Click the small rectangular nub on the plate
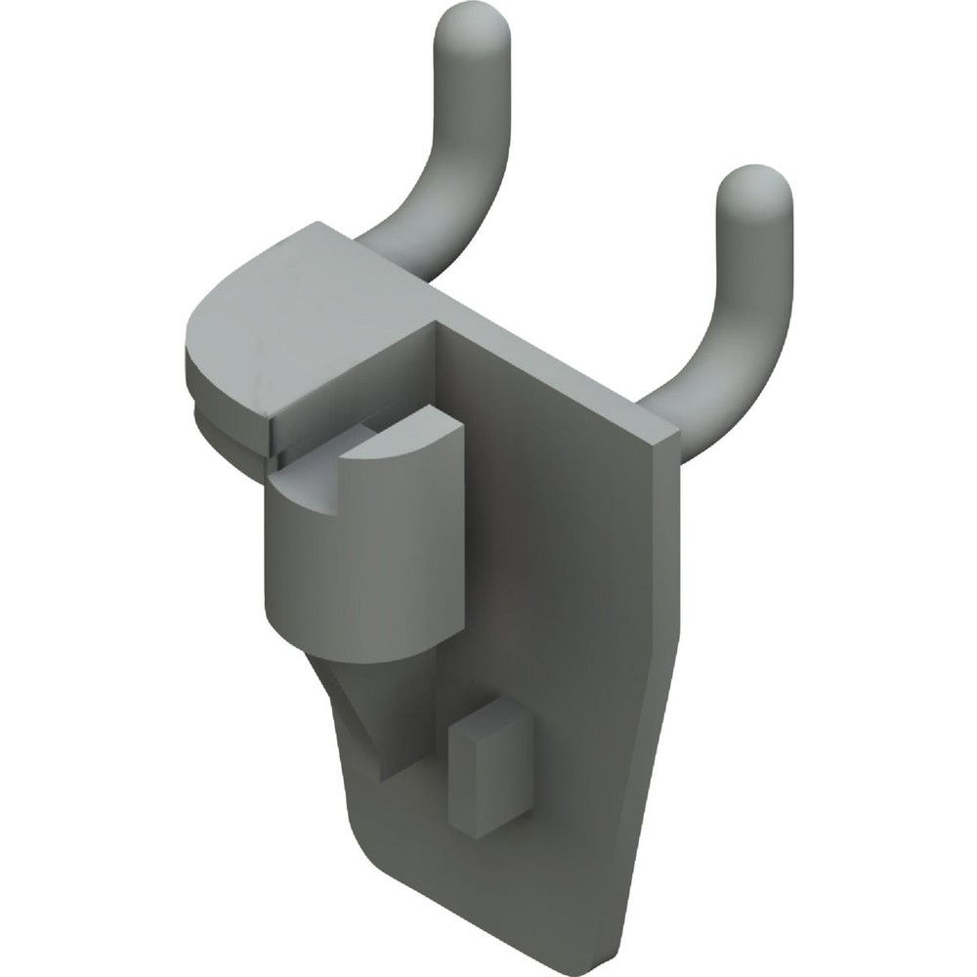tap(488, 772)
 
